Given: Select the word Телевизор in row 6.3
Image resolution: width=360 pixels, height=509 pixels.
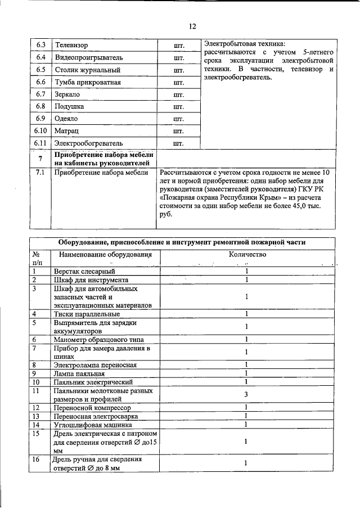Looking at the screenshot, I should pyautogui.click(x=71, y=44).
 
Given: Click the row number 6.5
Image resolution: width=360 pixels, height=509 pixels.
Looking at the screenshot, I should pyautogui.click(x=40, y=70).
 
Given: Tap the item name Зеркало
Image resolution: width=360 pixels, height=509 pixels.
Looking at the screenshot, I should pyautogui.click(x=67, y=94).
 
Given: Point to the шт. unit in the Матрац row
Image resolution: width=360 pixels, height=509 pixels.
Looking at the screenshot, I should pyautogui.click(x=179, y=131).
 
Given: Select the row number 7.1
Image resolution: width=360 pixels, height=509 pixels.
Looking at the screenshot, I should pyautogui.click(x=40, y=173).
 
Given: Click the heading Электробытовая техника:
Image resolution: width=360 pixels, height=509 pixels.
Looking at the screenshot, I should pyautogui.click(x=245, y=43).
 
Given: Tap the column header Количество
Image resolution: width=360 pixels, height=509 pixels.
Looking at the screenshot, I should pyautogui.click(x=246, y=254).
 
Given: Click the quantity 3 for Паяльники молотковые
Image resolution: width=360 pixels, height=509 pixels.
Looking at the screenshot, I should pyautogui.click(x=246, y=394).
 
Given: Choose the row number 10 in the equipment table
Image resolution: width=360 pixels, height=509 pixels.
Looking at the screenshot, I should pyautogui.click(x=37, y=382).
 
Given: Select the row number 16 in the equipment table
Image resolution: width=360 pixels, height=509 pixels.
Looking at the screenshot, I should pyautogui.click(x=37, y=460).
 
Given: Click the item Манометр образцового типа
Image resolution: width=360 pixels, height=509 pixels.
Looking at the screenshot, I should pyautogui.click(x=99, y=339).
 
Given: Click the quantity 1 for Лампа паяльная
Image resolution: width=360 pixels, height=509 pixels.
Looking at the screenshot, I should pyautogui.click(x=246, y=373).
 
